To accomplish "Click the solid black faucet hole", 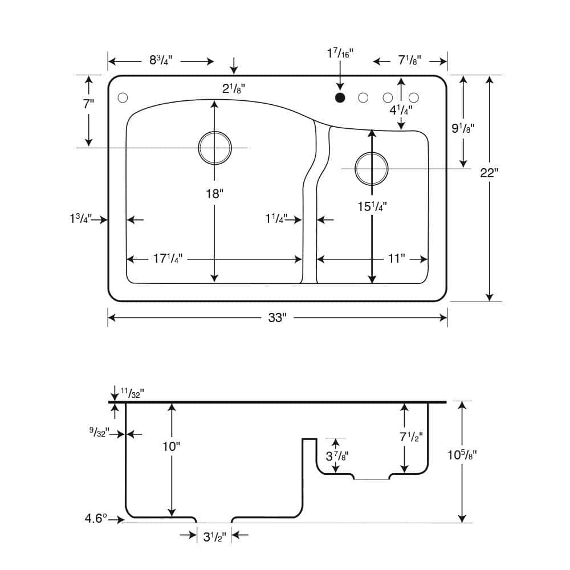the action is (x=340, y=97).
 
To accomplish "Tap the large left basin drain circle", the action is (x=215, y=148).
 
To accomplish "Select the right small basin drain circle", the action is (x=372, y=169).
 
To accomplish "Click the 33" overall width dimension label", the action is (x=278, y=317).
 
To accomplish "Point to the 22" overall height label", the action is (x=489, y=173).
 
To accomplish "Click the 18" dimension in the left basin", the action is (x=214, y=194).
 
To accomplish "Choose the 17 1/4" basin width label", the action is (x=168, y=258).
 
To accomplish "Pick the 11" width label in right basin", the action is (x=396, y=258).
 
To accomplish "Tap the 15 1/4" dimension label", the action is (x=372, y=206).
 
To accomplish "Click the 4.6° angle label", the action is (x=96, y=518).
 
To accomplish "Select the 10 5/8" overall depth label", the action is (x=462, y=455).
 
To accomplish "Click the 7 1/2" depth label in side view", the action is (x=411, y=437).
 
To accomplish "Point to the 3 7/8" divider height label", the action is (x=337, y=456).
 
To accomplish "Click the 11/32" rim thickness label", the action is (x=132, y=393).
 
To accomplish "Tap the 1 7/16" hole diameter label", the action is (x=340, y=54).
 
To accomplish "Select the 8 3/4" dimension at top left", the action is (x=161, y=60).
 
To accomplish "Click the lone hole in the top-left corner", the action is (x=123, y=97).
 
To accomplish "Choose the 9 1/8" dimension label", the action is (x=463, y=128).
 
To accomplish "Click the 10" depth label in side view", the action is (x=171, y=446).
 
